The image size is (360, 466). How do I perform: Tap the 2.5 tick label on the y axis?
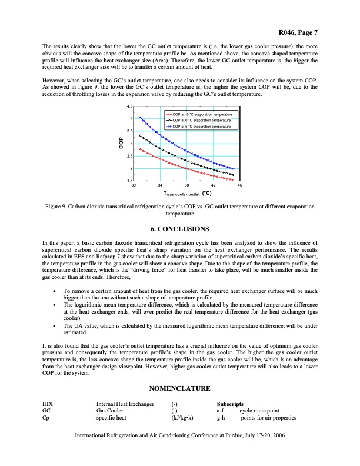(129, 156)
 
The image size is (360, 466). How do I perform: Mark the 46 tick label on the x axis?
(239, 185)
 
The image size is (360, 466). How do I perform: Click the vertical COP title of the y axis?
(120, 144)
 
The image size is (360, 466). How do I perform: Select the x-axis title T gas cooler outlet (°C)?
(187, 193)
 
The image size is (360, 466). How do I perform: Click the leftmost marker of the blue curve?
(139, 117)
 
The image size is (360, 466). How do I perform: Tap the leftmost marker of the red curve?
(139, 149)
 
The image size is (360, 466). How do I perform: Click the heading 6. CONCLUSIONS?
(179, 228)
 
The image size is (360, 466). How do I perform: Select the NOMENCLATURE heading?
(179, 390)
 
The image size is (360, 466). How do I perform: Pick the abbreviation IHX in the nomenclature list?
(48, 404)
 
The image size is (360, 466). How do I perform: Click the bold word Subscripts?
(231, 404)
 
